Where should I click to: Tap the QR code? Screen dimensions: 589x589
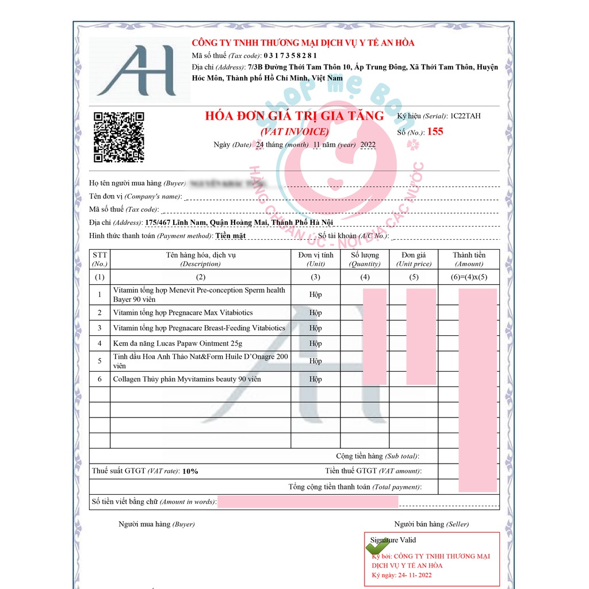point(119,137)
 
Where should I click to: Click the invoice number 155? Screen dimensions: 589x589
point(435,132)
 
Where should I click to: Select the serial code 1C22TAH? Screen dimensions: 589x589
point(465,116)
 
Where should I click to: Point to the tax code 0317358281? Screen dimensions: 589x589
point(290,55)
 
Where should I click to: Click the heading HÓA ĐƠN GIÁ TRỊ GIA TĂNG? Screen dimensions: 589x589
point(294,116)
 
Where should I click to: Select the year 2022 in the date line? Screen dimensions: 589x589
point(368,145)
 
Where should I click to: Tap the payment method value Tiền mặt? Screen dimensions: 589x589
point(231,236)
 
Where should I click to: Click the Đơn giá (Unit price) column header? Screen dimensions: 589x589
point(413,259)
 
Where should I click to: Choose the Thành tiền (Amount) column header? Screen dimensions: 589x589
point(468,259)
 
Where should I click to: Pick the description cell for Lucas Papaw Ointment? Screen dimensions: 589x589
point(178,343)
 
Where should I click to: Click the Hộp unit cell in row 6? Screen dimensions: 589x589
point(315,379)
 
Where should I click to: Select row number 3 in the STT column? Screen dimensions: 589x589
point(100,328)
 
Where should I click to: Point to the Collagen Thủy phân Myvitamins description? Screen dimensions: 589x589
point(187,379)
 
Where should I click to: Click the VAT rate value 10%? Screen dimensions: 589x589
point(190,471)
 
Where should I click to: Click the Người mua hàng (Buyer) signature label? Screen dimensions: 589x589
point(156,524)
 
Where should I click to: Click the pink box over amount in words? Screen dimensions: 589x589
point(308,502)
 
